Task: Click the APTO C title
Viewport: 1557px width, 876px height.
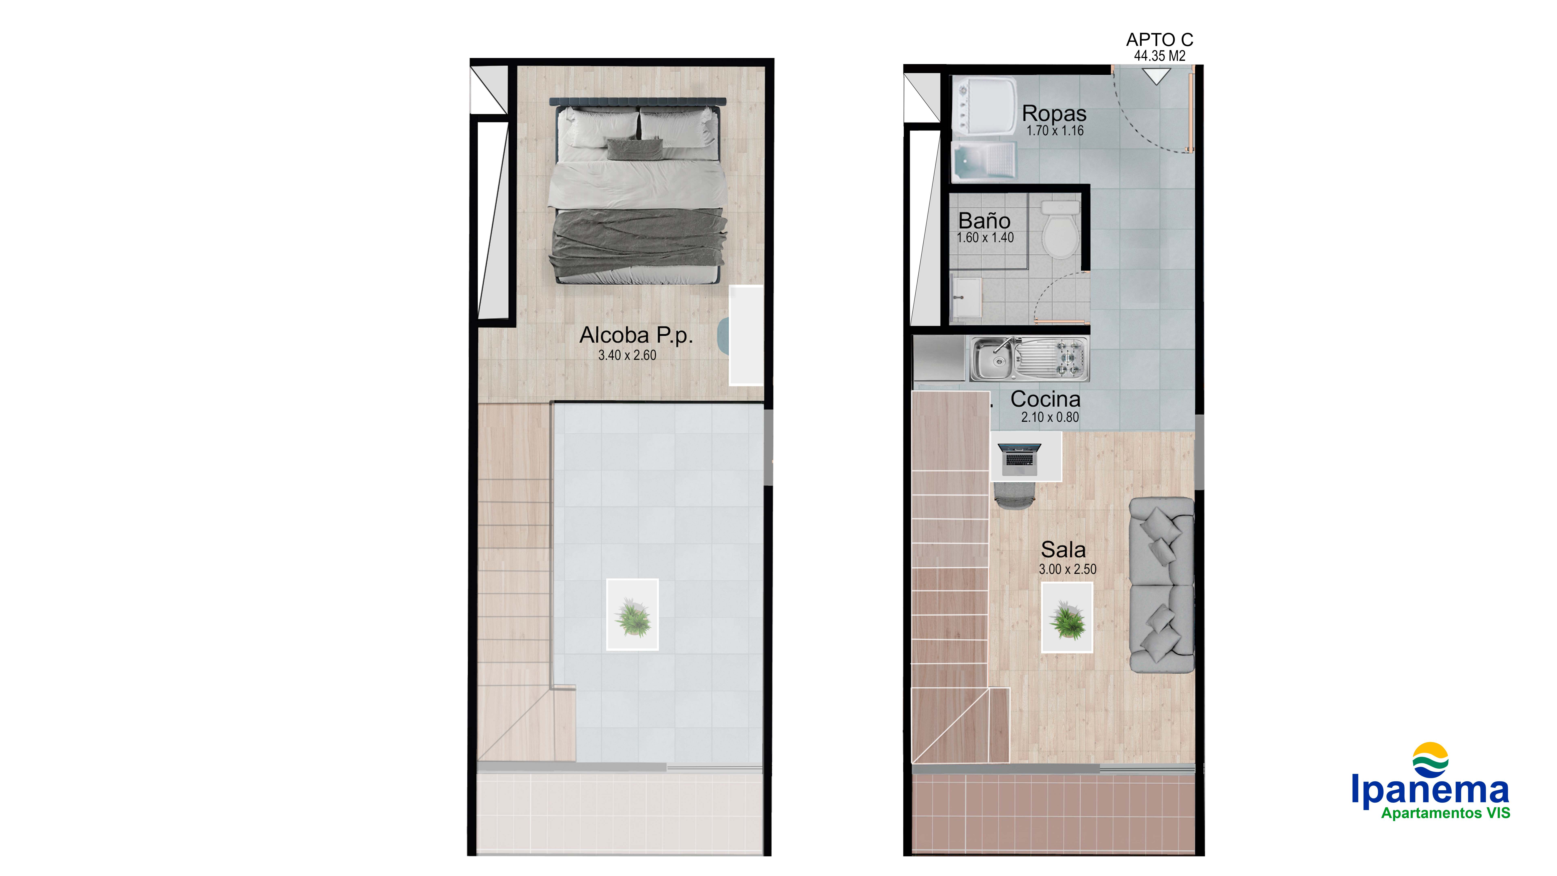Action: point(1159,40)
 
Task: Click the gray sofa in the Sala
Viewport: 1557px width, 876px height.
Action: point(1161,585)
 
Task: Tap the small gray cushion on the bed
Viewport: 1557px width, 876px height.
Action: point(635,149)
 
